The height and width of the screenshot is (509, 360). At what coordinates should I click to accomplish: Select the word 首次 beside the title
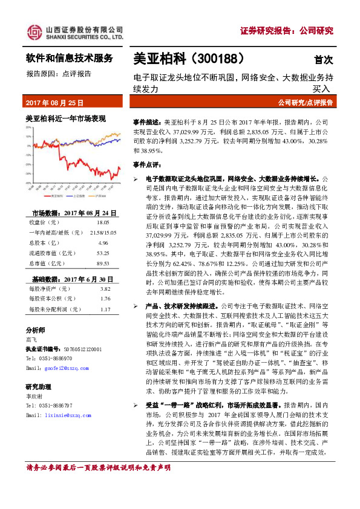tap(323, 60)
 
